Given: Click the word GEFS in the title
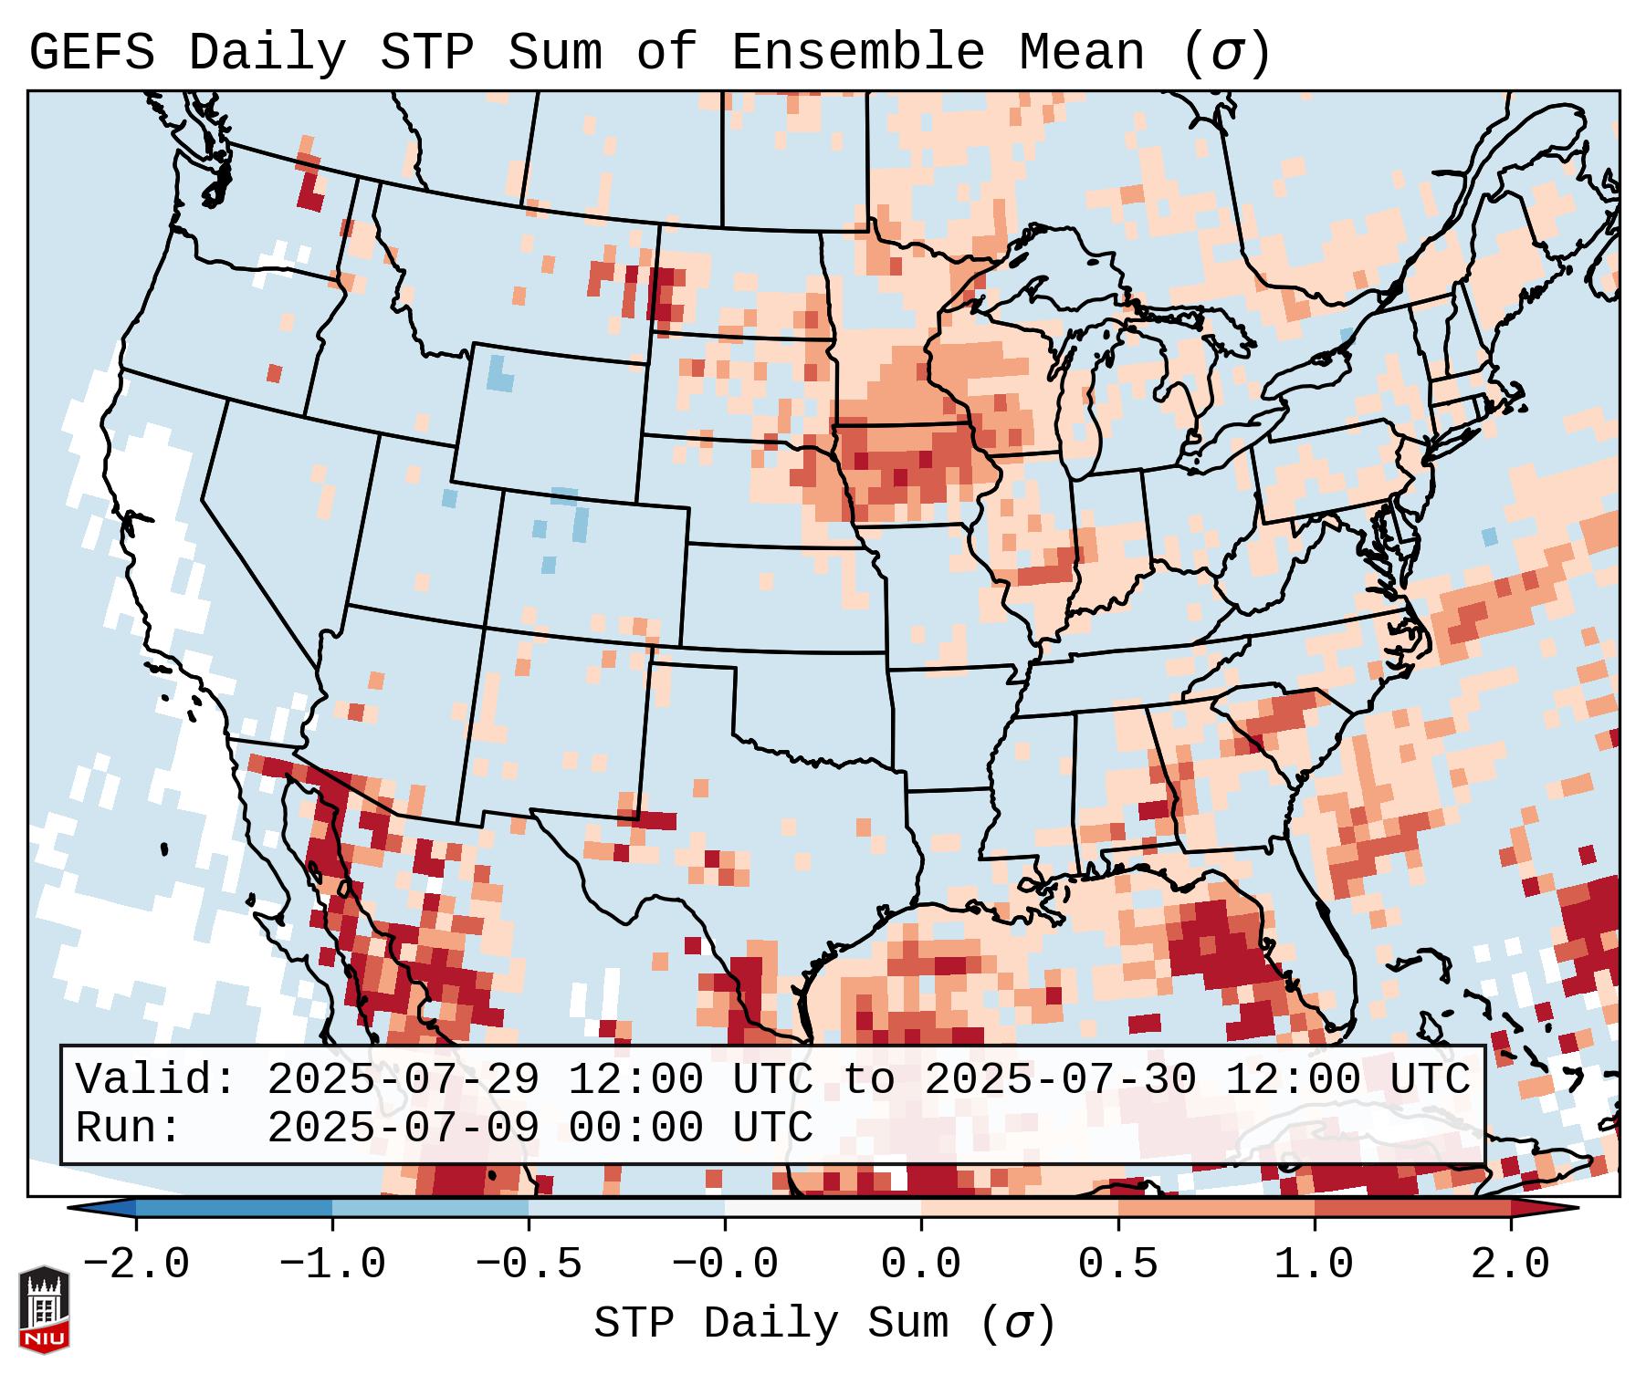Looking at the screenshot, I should click(91, 53).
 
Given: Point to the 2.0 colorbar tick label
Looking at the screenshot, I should click(1510, 1265).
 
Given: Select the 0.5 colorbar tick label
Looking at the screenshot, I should click(1117, 1265).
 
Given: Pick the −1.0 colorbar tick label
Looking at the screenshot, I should click(331, 1265).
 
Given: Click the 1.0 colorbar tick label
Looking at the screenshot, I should click(1314, 1265).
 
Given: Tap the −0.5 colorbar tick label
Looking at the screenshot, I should click(528, 1265).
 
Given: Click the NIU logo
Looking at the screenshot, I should click(44, 1310).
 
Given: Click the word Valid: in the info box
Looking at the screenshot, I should click(156, 1080).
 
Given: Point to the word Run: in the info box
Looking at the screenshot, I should click(129, 1129).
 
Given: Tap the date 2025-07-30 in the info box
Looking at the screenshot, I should click(1060, 1080).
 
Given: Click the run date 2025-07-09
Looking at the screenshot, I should click(403, 1129).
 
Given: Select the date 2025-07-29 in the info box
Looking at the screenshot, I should click(403, 1080).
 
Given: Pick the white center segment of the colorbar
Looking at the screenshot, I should click(823, 1207).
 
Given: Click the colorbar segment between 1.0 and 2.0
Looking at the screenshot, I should click(1412, 1207).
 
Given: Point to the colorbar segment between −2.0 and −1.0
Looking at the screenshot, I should click(234, 1207).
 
